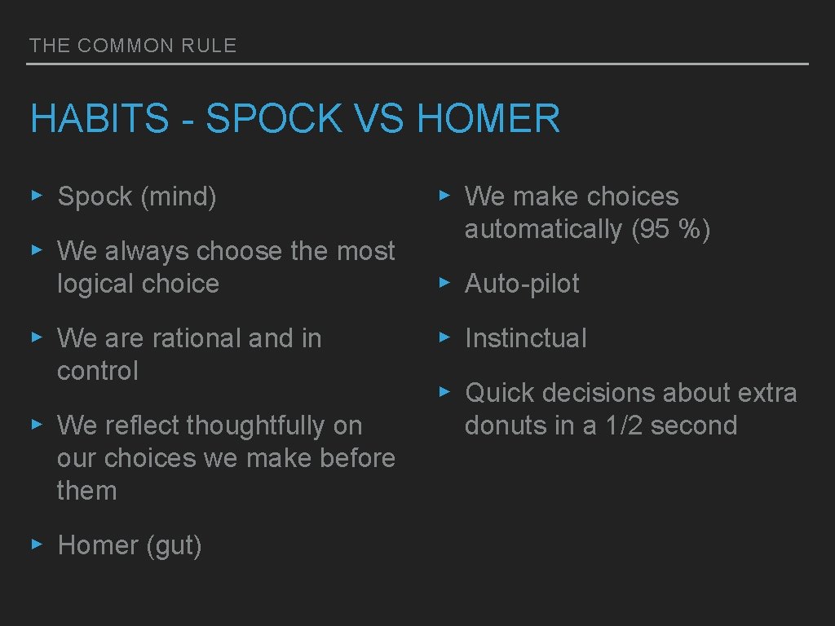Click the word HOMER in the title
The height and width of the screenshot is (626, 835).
pos(488,118)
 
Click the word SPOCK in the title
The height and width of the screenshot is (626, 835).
pos(274,118)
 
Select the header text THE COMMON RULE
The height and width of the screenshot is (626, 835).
pos(133,46)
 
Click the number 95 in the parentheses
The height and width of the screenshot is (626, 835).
pos(655,230)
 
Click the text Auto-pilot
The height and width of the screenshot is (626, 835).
pos(522,284)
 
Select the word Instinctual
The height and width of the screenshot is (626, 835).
pos(525,338)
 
